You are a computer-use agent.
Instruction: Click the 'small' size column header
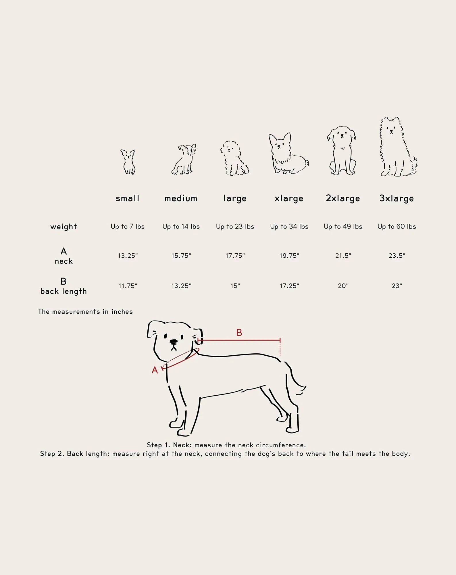coord(127,198)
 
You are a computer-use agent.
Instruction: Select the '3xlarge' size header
coord(397,199)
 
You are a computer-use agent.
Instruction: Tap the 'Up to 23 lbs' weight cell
coord(235,227)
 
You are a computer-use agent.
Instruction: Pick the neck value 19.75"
coord(289,256)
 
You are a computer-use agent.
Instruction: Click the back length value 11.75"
coord(128,286)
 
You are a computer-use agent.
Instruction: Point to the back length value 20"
coord(343,286)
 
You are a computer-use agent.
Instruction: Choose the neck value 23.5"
coord(397,256)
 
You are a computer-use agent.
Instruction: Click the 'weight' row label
coord(64,227)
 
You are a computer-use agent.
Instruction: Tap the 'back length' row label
coord(64,292)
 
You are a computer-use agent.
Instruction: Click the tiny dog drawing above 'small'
coord(128,162)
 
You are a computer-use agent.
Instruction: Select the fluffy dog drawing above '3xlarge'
coord(398,147)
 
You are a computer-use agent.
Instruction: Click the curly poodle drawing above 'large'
coord(234,158)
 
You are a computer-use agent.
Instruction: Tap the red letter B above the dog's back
coord(239,333)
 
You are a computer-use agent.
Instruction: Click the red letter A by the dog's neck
coord(155,370)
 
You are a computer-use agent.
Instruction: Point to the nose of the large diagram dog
coord(174,342)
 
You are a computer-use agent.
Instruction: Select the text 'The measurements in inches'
coord(85,312)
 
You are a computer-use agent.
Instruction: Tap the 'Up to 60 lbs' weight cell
coord(397,227)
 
